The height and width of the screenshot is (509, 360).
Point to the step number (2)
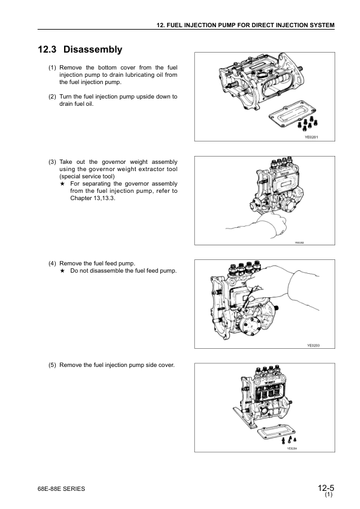pyautogui.click(x=52, y=97)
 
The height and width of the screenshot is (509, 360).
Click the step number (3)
pyautogui.click(x=52, y=162)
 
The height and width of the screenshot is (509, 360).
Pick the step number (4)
pyautogui.click(x=52, y=263)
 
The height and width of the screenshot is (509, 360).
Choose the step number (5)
pyautogui.click(x=52, y=365)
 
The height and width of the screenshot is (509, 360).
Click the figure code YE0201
pyautogui.click(x=311, y=138)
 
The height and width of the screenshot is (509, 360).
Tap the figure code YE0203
pyautogui.click(x=313, y=345)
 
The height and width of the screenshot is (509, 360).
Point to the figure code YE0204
pyautogui.click(x=293, y=449)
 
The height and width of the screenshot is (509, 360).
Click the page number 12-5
pyautogui.click(x=325, y=488)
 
